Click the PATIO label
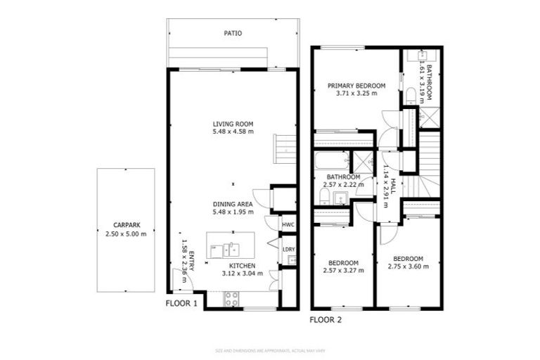[233, 33]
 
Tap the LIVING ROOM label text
[233, 124]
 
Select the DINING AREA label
[233, 204]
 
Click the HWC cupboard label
[288, 225]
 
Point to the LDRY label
[288, 250]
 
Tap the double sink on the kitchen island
[229, 248]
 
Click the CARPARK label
[126, 225]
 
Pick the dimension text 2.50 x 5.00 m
[126, 233]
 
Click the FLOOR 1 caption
[181, 304]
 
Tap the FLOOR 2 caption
[326, 319]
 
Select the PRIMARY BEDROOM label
[356, 85]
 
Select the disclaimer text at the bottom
[269, 350]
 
